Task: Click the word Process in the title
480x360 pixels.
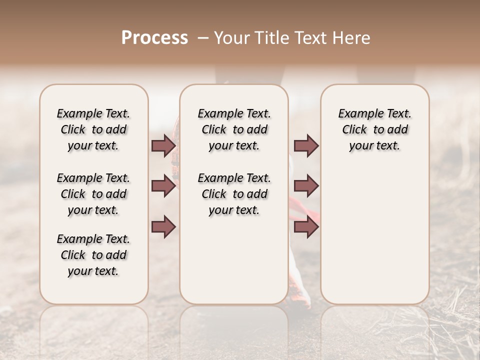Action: pyautogui.click(x=154, y=38)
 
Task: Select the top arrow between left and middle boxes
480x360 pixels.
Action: pyautogui.click(x=163, y=145)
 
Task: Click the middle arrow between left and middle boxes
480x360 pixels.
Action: pyautogui.click(x=163, y=186)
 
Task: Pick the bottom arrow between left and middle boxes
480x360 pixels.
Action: pyautogui.click(x=163, y=226)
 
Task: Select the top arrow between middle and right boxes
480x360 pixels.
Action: pyautogui.click(x=306, y=145)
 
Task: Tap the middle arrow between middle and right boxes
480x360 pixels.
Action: pyautogui.click(x=306, y=186)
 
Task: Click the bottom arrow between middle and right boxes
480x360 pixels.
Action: pyautogui.click(x=306, y=226)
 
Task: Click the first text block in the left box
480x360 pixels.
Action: pyautogui.click(x=93, y=129)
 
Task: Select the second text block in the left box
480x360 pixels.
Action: pyautogui.click(x=93, y=194)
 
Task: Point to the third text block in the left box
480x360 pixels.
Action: pyautogui.click(x=93, y=255)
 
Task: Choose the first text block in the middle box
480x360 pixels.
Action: pyautogui.click(x=234, y=129)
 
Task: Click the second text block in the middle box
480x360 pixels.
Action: pyautogui.click(x=234, y=194)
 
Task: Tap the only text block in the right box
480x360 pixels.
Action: pyautogui.click(x=374, y=129)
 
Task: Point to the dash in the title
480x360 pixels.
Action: pyautogui.click(x=203, y=38)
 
